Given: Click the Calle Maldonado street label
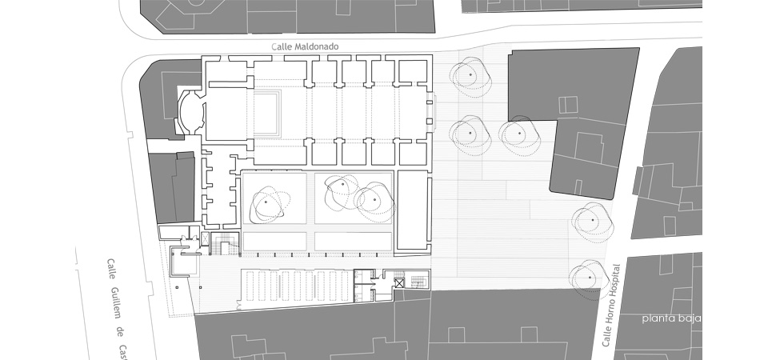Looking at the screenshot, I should click(x=306, y=47).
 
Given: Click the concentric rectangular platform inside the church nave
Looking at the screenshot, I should click(x=268, y=114).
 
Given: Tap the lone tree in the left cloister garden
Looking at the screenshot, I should click(x=267, y=203).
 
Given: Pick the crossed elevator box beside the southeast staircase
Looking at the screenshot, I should click(x=399, y=281).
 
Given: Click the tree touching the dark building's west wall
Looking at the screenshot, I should click(x=518, y=134).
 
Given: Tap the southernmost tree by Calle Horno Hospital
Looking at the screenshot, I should click(x=590, y=278).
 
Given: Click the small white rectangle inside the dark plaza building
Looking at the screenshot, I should click(x=567, y=104).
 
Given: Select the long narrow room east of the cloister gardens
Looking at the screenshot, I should click(x=413, y=210).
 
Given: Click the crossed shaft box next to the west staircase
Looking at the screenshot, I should click(x=203, y=238).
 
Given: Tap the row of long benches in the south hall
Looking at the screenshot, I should click(x=297, y=285).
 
